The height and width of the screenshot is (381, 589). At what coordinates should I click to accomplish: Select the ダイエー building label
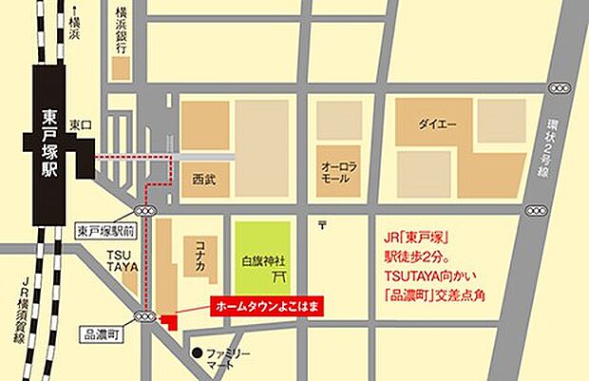[x=438, y=124]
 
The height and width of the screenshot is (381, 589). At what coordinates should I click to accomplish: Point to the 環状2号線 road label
[x=554, y=153]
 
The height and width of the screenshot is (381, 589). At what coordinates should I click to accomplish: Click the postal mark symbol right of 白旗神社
[x=324, y=224]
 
